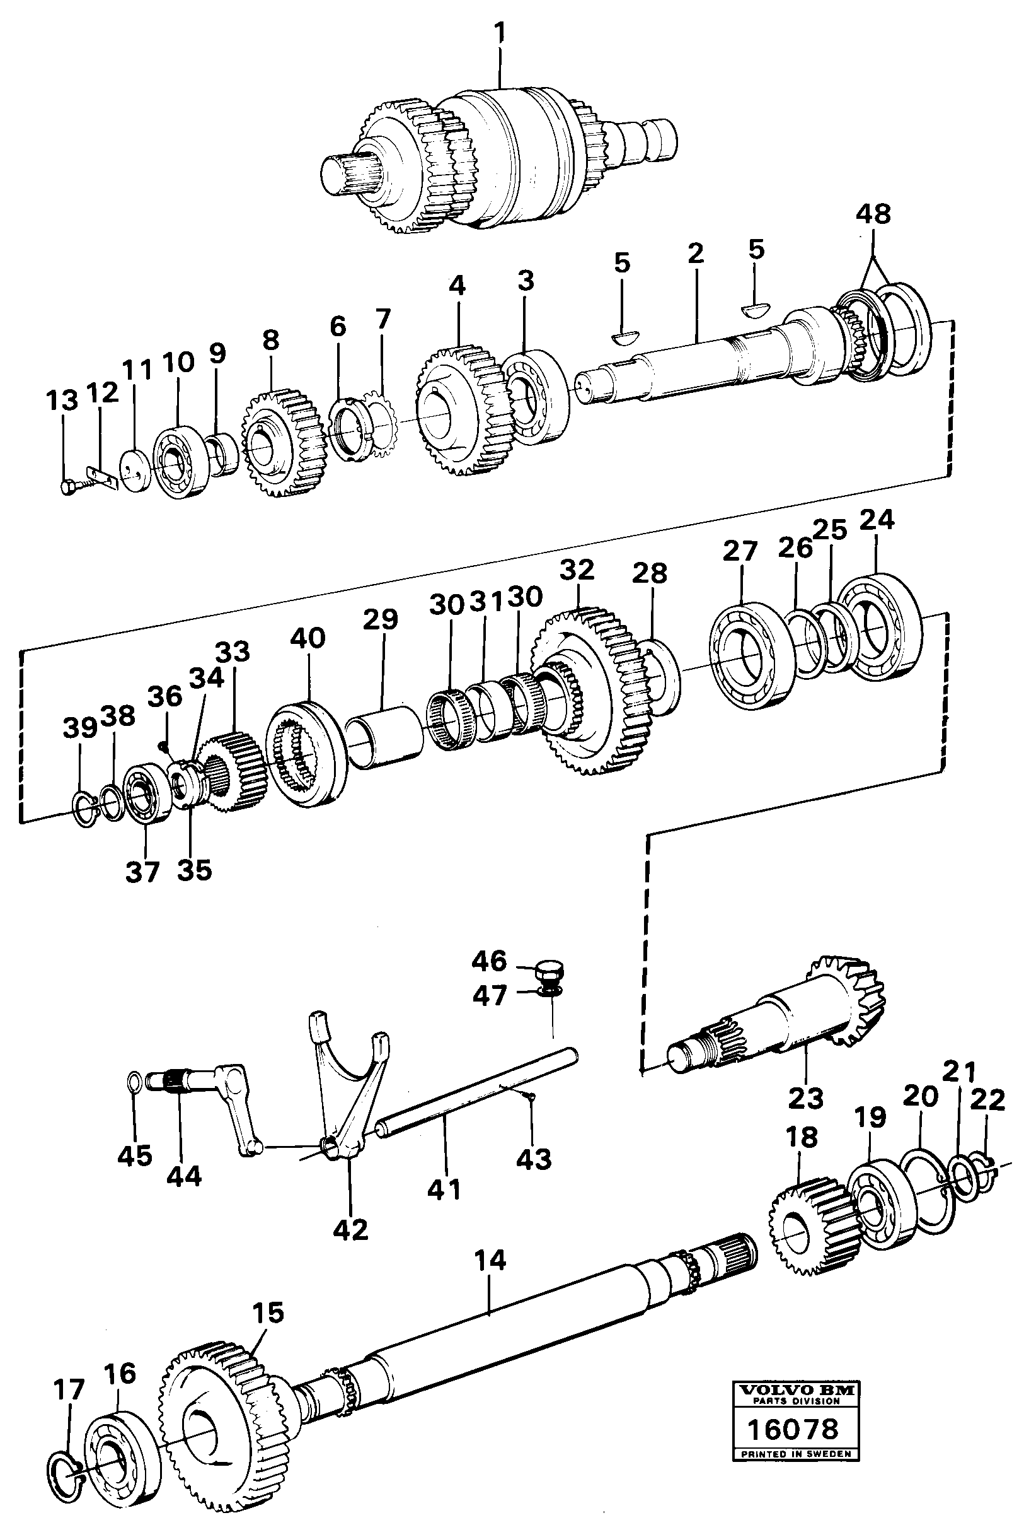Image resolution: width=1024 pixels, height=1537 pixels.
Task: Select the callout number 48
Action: pos(874,214)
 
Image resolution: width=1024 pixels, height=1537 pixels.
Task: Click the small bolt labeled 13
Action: pos(71,488)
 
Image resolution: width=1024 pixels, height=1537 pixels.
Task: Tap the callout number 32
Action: pos(577,569)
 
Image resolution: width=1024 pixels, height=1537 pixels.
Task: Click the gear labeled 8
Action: pos(282,445)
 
